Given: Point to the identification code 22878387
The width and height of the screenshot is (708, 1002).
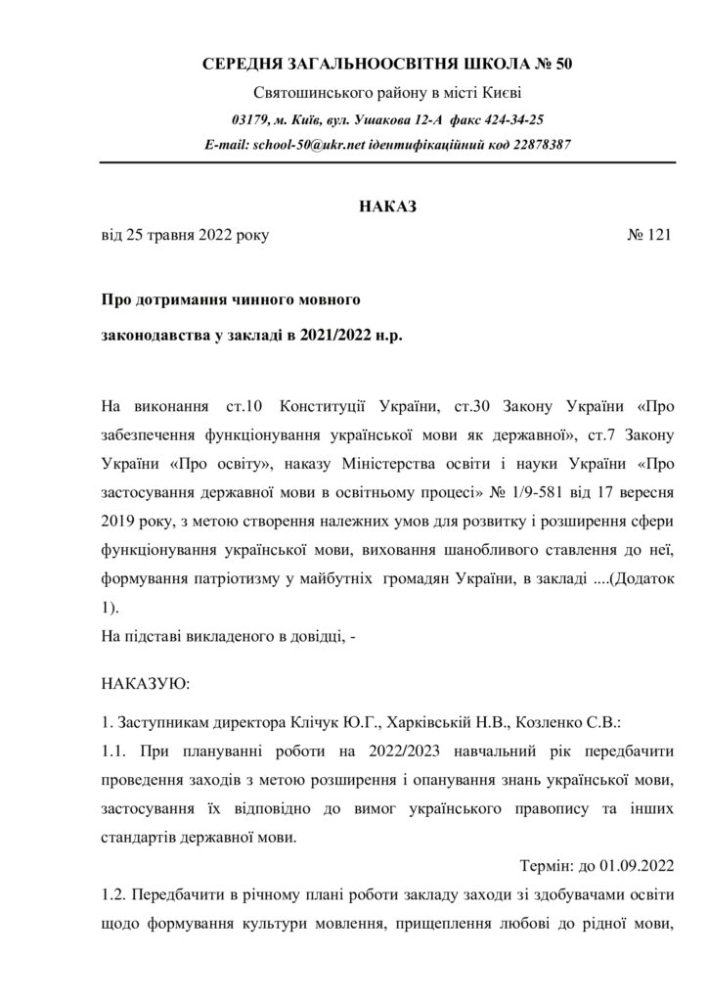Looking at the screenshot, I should point(537,144).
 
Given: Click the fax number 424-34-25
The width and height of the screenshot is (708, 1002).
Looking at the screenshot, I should point(512,119).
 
